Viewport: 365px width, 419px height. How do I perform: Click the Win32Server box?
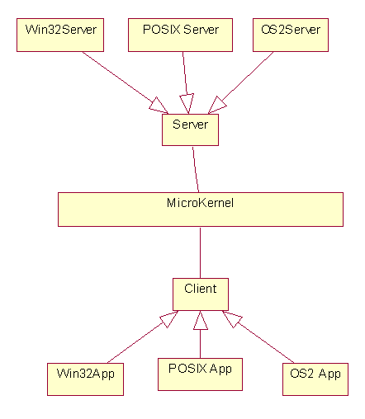point(60,35)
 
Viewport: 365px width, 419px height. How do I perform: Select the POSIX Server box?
point(180,35)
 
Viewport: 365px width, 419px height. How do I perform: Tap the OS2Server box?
point(291,35)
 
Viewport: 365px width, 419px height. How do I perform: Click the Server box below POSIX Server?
point(190,129)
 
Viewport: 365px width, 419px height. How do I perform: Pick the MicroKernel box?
point(201,209)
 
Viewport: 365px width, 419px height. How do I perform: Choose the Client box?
point(201,294)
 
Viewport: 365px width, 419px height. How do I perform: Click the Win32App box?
point(85,379)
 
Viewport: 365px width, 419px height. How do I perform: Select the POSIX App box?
point(200,374)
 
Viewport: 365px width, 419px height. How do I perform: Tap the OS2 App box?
point(315,379)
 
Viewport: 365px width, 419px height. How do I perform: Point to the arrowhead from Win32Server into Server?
point(159,106)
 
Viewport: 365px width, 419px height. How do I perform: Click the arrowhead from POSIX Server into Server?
point(187,104)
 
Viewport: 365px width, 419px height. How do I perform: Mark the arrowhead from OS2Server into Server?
point(217,105)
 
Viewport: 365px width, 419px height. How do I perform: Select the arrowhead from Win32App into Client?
point(168,319)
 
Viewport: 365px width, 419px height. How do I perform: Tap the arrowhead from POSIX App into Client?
point(201,320)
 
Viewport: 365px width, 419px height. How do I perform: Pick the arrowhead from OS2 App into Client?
point(232,319)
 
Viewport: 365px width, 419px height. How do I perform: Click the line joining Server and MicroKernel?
point(196,169)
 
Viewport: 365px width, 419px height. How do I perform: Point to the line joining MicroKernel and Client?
point(200,252)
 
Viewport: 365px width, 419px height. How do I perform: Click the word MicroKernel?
point(200,203)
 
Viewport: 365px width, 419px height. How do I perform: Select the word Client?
point(201,289)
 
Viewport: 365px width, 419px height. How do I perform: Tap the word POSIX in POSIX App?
point(187,369)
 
